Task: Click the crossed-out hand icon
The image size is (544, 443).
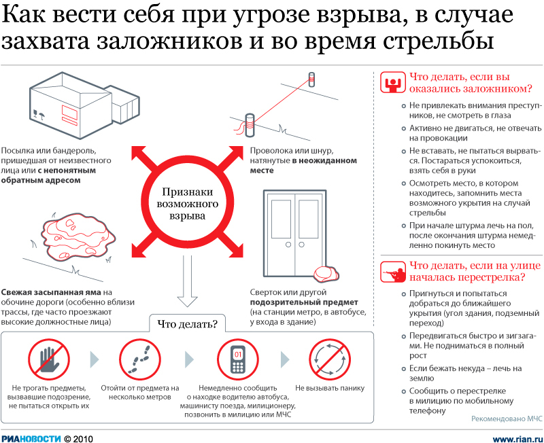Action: [49, 359]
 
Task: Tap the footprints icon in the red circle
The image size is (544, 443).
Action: [140, 359]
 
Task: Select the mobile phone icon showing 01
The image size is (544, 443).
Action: [238, 359]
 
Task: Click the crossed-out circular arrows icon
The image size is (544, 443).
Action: [330, 359]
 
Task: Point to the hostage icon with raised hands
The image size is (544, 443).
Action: [393, 82]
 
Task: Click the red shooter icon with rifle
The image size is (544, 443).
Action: [393, 272]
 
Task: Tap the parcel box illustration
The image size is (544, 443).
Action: [84, 105]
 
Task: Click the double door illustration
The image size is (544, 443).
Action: [295, 233]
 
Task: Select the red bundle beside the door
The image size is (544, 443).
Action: [326, 274]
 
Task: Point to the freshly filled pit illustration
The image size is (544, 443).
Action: [79, 236]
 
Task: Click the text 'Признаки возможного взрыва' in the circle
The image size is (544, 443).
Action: [188, 203]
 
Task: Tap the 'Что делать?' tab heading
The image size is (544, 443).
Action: [188, 324]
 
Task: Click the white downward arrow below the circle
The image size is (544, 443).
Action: [188, 281]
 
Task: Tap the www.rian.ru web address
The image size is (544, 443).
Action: [517, 439]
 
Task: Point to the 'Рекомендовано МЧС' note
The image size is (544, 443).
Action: [507, 419]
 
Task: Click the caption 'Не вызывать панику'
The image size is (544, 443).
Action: [330, 388]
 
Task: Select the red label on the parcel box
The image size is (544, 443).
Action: [69, 114]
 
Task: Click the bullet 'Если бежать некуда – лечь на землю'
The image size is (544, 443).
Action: [465, 373]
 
